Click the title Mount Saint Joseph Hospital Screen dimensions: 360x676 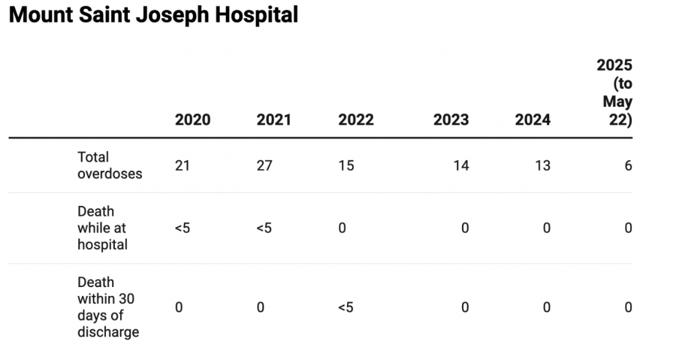coord(153,15)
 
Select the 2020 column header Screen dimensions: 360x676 coord(192,120)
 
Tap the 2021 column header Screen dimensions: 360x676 coord(274,120)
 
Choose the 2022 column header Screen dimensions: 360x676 coord(356,120)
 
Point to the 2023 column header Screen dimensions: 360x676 coord(451,120)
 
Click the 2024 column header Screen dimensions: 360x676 coord(533,120)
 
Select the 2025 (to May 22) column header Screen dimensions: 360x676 coord(614,92)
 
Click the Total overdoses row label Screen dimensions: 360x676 coord(110,165)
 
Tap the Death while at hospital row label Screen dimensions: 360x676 coord(102,228)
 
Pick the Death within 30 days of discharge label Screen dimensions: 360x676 coord(107,307)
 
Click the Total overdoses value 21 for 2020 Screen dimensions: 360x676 coord(183,166)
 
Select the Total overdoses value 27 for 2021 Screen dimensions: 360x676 coord(264,166)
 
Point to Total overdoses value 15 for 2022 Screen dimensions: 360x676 coord(346,166)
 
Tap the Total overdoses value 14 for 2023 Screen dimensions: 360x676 coord(460,166)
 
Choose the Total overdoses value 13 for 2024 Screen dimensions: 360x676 coord(542,166)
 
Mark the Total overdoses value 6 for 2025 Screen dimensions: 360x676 coord(628,166)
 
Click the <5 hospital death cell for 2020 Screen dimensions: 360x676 coord(183,228)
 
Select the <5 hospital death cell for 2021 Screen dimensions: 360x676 coord(264,228)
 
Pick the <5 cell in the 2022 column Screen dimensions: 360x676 coord(346,307)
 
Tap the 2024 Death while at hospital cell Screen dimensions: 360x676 coord(547,228)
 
